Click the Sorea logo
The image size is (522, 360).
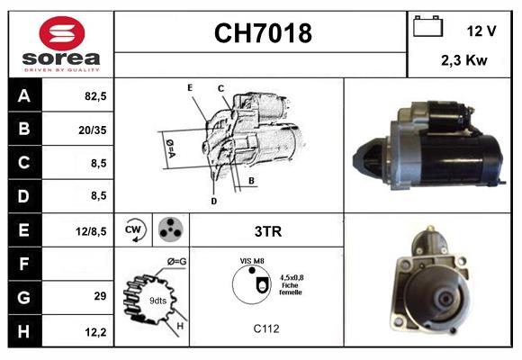[60, 45]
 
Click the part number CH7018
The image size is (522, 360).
[262, 34]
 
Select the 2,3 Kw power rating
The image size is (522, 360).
[463, 61]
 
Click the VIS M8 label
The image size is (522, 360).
[251, 260]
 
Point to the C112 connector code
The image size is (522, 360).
[267, 328]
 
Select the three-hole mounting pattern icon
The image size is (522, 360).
[169, 230]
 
